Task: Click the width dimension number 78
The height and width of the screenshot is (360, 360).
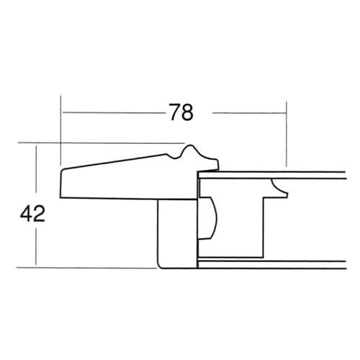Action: (x=181, y=112)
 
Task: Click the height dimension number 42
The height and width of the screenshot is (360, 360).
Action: (x=32, y=214)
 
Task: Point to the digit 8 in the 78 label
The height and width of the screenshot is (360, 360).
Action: (x=187, y=112)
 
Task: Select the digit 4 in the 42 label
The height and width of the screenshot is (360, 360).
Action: (x=26, y=214)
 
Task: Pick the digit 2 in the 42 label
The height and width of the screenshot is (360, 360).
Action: (x=39, y=214)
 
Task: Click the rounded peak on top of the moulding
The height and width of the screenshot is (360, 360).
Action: (x=190, y=146)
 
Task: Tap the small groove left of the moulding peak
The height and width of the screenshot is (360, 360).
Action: (x=174, y=156)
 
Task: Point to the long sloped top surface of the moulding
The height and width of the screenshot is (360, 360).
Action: (x=114, y=162)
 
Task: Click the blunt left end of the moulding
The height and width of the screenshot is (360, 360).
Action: (x=61, y=184)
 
